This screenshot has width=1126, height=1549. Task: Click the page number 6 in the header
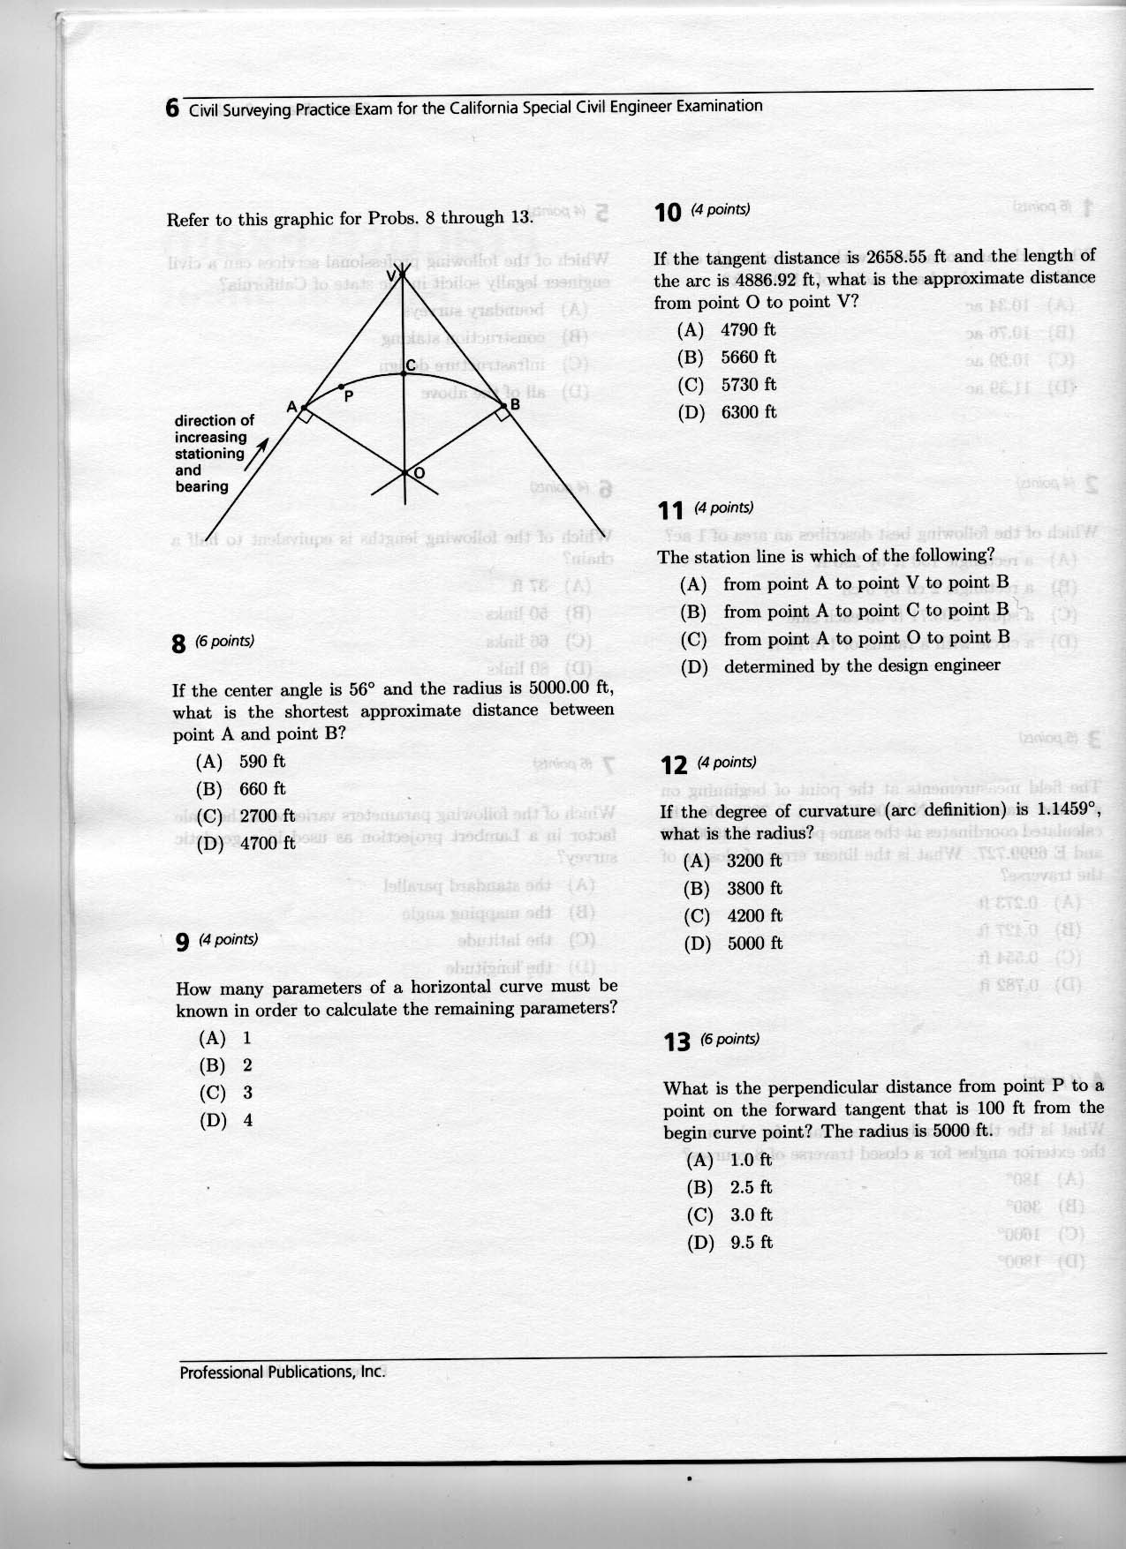pyautogui.click(x=173, y=109)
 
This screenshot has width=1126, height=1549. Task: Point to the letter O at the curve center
pyautogui.click(x=419, y=474)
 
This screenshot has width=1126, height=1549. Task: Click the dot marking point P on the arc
pyautogui.click(x=342, y=387)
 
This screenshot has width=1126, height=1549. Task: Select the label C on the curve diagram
pyautogui.click(x=398, y=365)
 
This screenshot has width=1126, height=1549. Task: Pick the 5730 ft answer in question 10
pyautogui.click(x=749, y=385)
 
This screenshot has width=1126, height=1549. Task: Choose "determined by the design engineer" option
pyautogui.click(x=862, y=666)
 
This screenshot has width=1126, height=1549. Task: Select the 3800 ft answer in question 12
pyautogui.click(x=754, y=889)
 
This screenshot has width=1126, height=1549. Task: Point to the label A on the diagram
pyautogui.click(x=291, y=407)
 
